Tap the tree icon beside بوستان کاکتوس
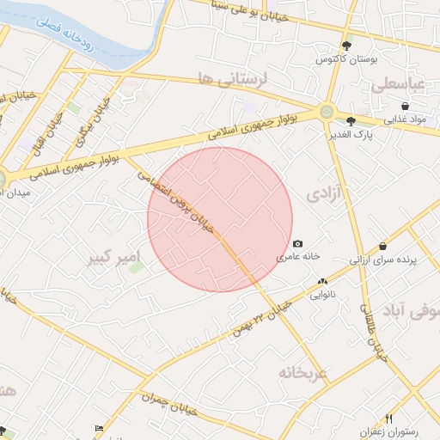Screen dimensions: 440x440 pyautogui.click(x=346, y=46)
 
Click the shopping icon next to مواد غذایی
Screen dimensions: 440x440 pyautogui.click(x=405, y=107)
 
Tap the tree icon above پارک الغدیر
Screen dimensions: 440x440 pyautogui.click(x=351, y=121)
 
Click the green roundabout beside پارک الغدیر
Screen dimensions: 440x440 pyautogui.click(x=326, y=111)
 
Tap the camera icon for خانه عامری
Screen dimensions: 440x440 pyautogui.click(x=297, y=244)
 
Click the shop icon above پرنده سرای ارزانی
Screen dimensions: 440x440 pyautogui.click(x=382, y=246)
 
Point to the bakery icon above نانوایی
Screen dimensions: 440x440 pyautogui.click(x=322, y=281)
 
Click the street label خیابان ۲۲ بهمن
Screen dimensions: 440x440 pyautogui.click(x=263, y=318)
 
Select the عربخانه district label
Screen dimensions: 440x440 pyautogui.click(x=302, y=373)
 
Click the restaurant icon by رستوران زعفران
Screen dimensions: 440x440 pyautogui.click(x=388, y=419)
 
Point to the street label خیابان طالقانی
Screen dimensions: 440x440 pyautogui.click(x=376, y=335)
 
